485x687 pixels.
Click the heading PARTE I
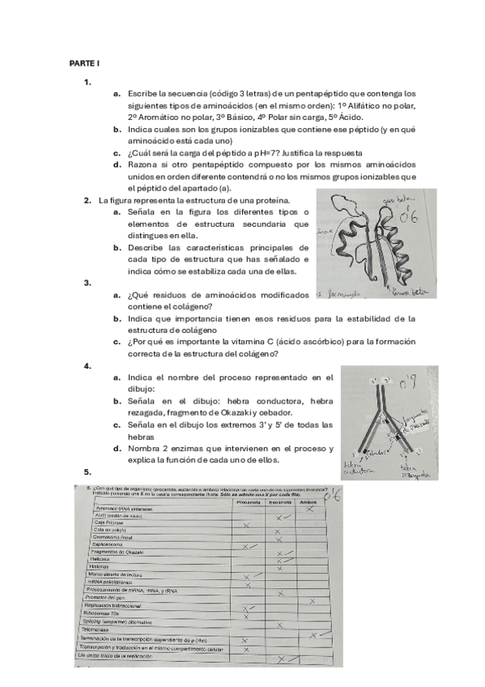83,62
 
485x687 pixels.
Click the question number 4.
87,366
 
